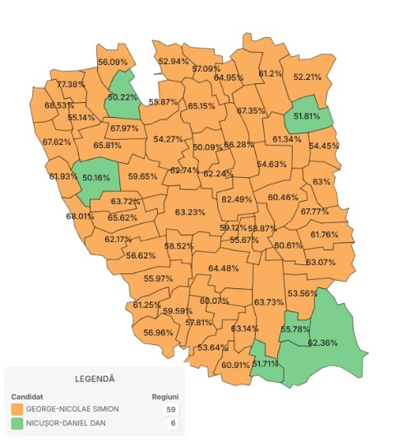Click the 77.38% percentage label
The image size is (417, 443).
71,85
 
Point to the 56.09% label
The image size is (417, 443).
113,62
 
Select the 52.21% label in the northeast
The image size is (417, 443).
307,77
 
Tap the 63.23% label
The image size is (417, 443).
191,212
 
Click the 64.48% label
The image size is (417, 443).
224,268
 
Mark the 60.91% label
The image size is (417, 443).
235,365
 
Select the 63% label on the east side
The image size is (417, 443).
322,182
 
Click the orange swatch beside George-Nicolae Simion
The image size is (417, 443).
17,408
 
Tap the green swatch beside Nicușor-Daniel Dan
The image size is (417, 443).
17,424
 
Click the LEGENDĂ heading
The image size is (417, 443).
95,379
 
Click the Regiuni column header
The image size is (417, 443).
165,395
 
